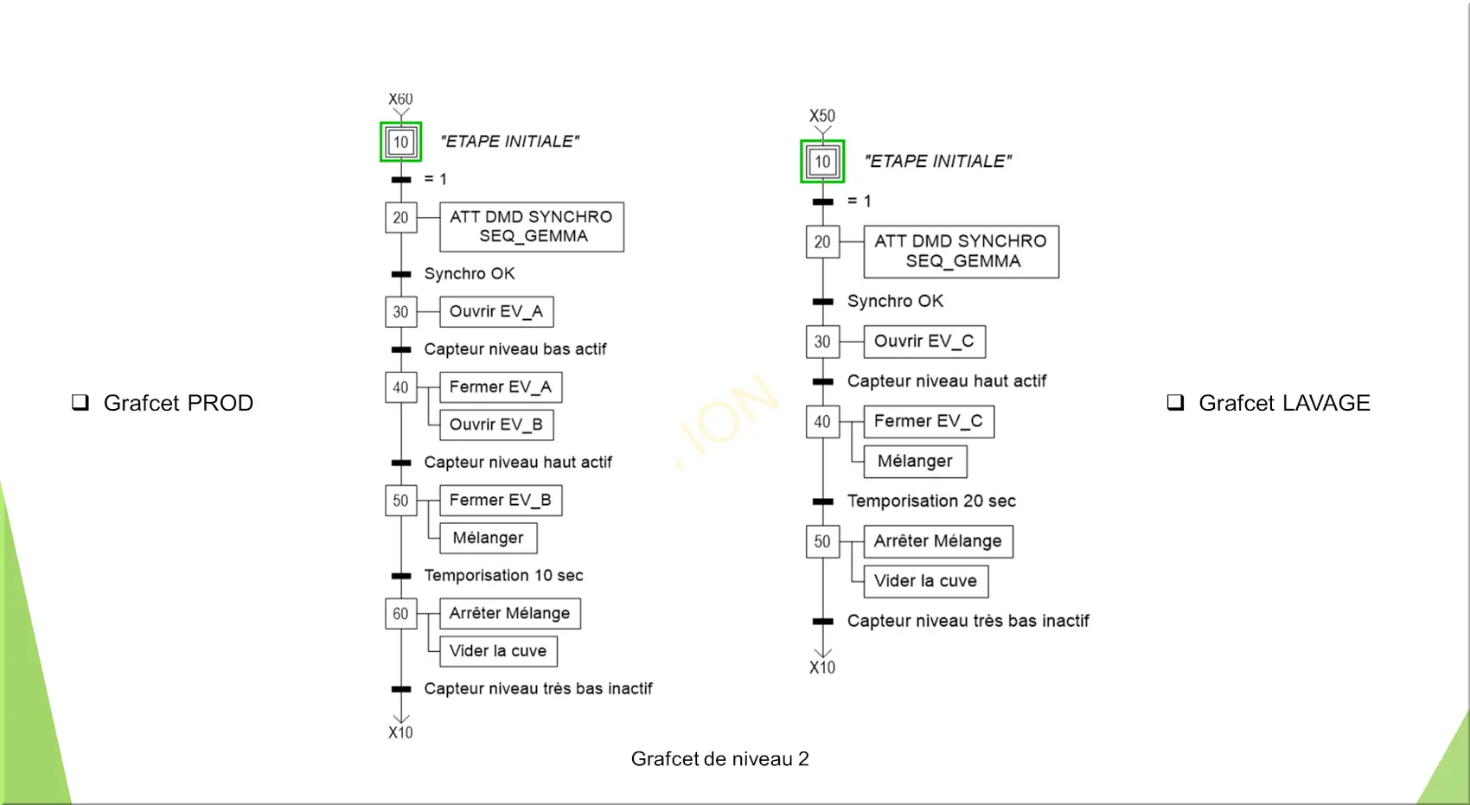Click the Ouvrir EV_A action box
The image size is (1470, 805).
click(496, 311)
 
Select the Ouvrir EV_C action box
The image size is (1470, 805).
click(924, 342)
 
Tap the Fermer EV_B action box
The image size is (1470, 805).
click(501, 501)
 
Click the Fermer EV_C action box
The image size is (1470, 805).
click(929, 421)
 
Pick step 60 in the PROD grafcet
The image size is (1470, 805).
click(401, 613)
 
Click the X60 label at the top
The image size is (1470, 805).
click(400, 99)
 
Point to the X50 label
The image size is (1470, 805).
click(822, 116)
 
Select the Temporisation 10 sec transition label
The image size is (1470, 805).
click(503, 575)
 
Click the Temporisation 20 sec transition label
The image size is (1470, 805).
click(931, 502)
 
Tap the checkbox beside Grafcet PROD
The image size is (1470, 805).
click(80, 402)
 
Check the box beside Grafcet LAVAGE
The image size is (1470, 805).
click(1175, 402)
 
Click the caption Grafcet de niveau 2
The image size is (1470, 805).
click(720, 759)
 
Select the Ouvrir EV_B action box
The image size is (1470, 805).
click(496, 425)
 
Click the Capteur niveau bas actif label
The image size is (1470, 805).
click(515, 349)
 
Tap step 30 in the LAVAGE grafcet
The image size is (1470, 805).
click(823, 342)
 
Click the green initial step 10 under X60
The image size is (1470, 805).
click(401, 142)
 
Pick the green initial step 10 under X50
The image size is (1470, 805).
click(822, 162)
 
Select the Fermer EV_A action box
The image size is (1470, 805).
click(501, 387)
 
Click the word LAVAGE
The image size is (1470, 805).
click(1326, 403)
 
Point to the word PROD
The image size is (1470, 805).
click(220, 403)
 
